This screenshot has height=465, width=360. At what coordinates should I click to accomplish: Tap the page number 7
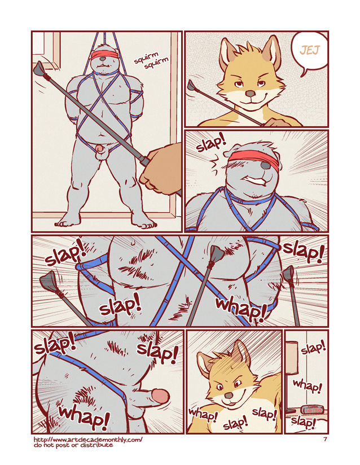point(325,440)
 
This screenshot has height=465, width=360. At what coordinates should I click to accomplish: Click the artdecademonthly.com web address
point(88,439)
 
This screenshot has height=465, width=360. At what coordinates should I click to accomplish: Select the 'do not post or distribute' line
point(73,445)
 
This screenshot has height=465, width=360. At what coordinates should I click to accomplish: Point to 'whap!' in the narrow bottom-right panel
point(308,387)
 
